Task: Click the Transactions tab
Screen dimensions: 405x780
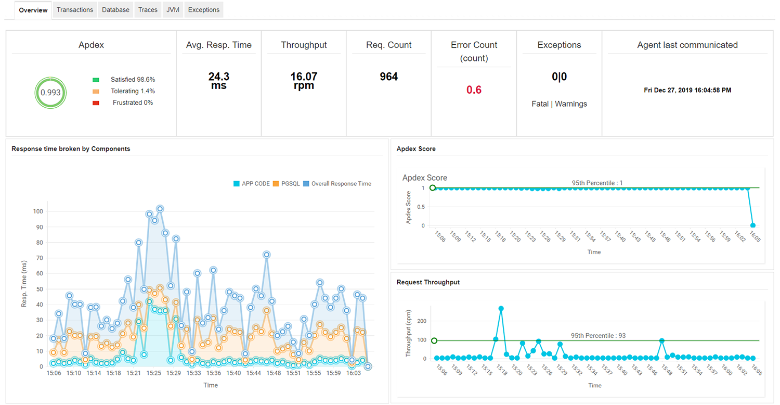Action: point(75,10)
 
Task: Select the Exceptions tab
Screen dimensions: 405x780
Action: point(204,10)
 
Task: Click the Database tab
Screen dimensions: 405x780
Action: point(115,10)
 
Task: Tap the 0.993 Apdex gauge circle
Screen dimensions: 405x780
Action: point(50,93)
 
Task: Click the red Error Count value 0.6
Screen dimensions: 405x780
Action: point(474,90)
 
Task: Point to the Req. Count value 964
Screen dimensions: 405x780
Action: point(388,77)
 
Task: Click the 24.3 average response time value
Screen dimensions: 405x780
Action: point(218,77)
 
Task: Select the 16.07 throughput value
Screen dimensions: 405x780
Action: point(304,77)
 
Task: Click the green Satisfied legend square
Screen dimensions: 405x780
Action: point(96,80)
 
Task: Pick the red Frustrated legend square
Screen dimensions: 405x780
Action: point(96,103)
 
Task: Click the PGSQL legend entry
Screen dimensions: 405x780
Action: point(287,184)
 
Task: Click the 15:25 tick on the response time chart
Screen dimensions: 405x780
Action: point(154,373)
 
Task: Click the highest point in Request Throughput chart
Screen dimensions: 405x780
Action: point(501,309)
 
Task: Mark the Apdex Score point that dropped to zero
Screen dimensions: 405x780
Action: point(752,225)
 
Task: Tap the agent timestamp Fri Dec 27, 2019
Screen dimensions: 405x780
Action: point(687,90)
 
